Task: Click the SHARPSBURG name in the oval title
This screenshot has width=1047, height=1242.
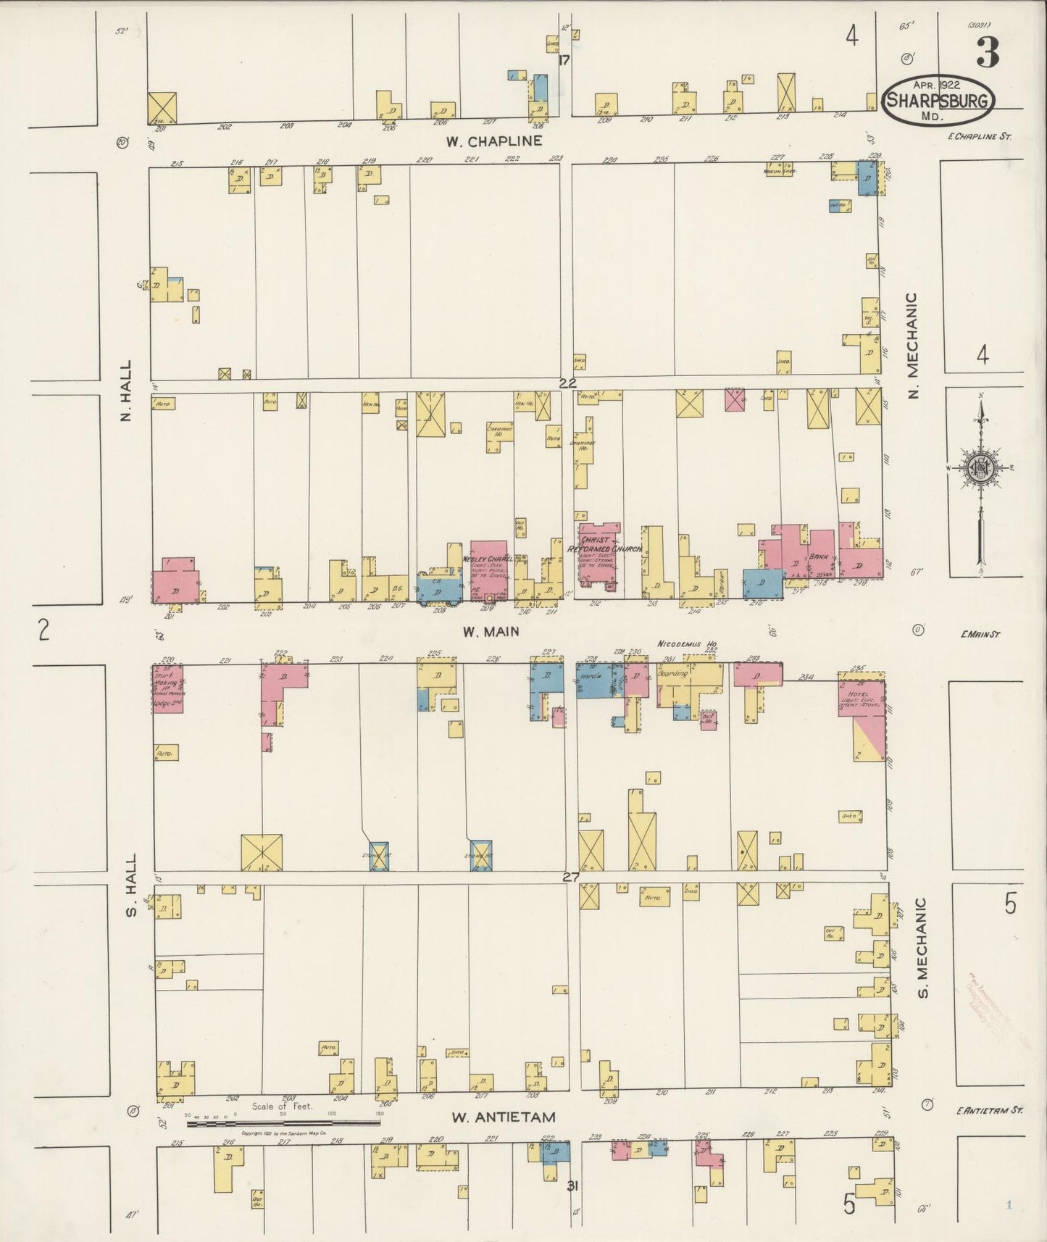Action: point(938,101)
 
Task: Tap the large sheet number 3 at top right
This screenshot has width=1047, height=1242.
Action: point(988,52)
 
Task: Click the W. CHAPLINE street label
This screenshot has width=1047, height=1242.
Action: point(494,141)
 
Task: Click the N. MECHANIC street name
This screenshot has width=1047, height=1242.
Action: point(912,346)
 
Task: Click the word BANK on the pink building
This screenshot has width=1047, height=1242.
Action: point(820,557)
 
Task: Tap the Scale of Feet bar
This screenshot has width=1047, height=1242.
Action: point(283,1124)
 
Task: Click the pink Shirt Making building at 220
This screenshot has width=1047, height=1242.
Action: point(167,688)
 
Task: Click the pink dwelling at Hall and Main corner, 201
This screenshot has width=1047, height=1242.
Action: point(175,580)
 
